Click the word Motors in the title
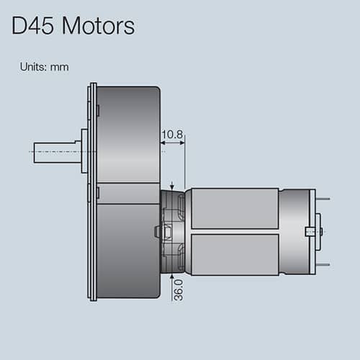[99, 27]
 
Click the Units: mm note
[45, 66]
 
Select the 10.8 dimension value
[172, 135]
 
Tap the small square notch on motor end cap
[310, 231]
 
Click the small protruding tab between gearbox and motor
[156, 230]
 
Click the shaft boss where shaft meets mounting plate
[84, 151]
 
